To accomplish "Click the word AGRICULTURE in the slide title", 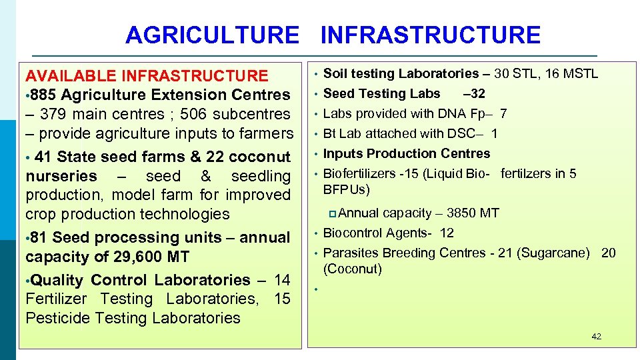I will coord(212,35).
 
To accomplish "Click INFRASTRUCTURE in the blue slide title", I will coord(430,35).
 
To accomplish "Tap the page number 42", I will coord(596,337).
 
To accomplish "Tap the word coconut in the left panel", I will coord(259,157).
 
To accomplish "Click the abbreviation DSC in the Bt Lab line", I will coord(462,134).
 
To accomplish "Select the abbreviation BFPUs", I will coord(345,190).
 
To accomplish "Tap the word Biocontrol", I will coord(353,233).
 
